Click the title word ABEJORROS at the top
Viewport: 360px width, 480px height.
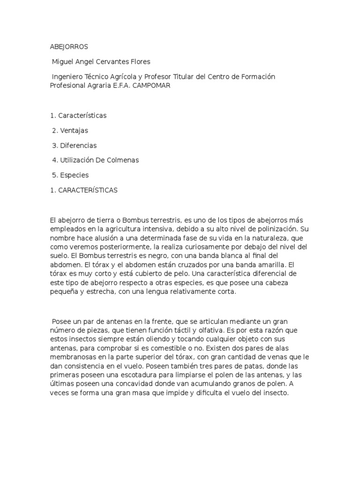pyautogui.click(x=69, y=47)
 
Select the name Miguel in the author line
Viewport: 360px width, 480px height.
pyautogui.click(x=63, y=62)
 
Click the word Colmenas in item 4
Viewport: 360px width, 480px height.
pyautogui.click(x=124, y=160)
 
